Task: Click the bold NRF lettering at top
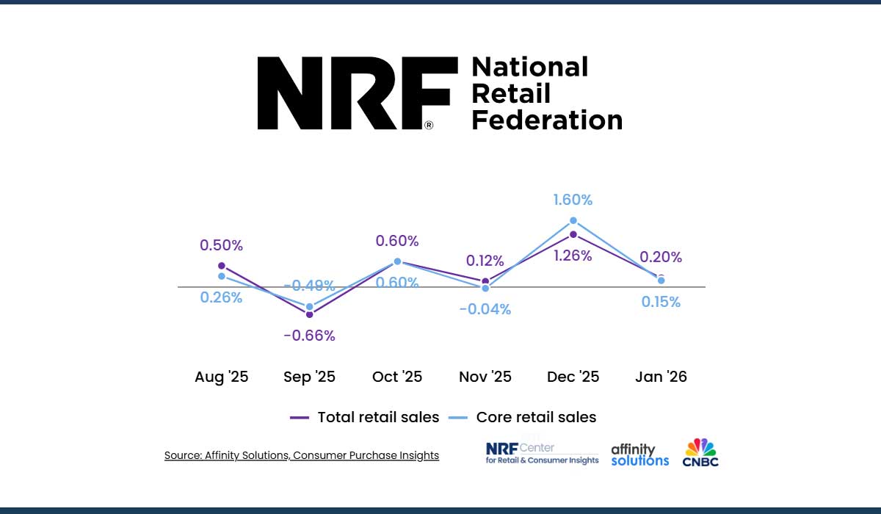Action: tap(353, 93)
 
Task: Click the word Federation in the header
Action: tap(546, 120)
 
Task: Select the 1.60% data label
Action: tap(573, 200)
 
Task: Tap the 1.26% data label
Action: tap(573, 256)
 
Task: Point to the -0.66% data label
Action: tap(309, 336)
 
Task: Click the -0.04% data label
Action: tap(485, 309)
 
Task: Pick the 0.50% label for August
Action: tap(221, 245)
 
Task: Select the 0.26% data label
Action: tap(221, 297)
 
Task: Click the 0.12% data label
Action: tap(485, 261)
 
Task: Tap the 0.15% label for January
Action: tap(661, 302)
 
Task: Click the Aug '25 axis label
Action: tap(221, 377)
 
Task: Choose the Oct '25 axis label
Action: tap(397, 377)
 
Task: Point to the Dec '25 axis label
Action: tap(573, 377)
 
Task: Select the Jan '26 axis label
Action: tap(661, 377)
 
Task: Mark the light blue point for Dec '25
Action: tap(573, 220)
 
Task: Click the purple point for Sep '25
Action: tap(309, 314)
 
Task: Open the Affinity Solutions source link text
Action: tap(301, 455)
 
